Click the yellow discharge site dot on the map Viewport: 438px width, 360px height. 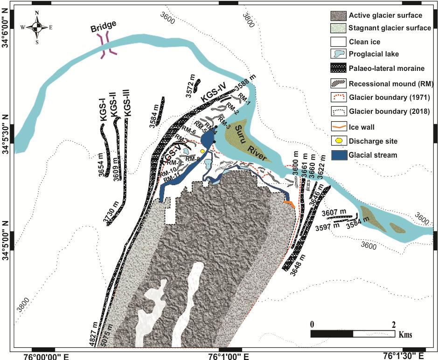coord(202,152)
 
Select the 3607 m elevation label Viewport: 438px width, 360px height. coord(333,213)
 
